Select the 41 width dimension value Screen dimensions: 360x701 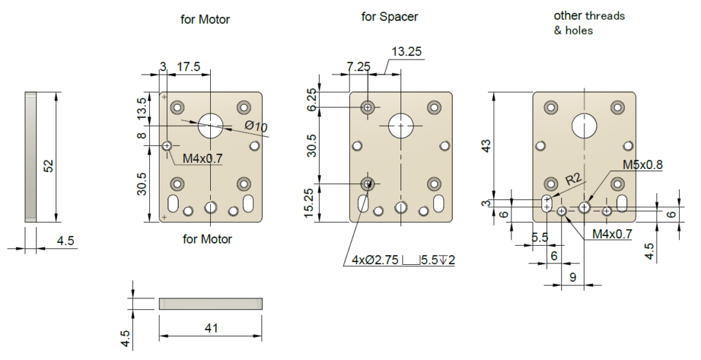211,328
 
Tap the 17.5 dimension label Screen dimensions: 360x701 188,66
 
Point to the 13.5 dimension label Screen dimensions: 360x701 142,109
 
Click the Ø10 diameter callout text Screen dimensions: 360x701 255,127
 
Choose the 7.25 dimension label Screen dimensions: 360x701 359,66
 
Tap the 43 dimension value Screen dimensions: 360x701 486,146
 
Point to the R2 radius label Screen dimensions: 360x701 574,181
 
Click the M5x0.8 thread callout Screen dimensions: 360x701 642,165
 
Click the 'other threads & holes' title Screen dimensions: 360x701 589,23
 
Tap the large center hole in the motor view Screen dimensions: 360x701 211,124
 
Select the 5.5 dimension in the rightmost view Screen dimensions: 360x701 539,237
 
